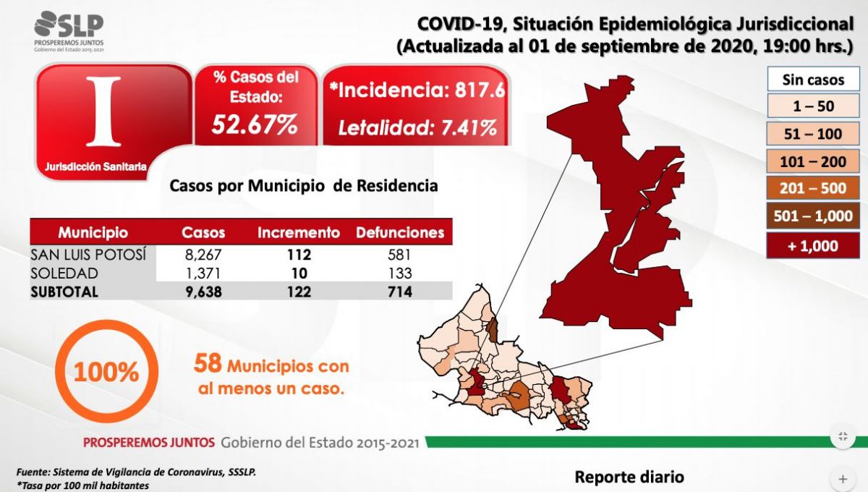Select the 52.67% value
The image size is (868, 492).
click(255, 124)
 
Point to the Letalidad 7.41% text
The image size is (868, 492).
click(417, 128)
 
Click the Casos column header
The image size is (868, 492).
click(203, 233)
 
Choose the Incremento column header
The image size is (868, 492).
click(299, 233)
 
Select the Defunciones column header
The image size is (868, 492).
click(399, 233)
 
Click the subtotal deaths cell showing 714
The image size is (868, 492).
click(399, 292)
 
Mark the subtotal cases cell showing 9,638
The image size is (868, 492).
click(203, 292)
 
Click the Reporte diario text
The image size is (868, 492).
click(629, 478)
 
